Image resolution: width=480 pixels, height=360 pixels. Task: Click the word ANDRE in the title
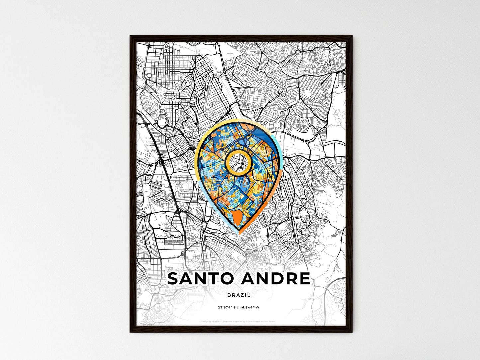(x=276, y=279)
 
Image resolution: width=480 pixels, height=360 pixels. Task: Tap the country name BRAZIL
(x=239, y=295)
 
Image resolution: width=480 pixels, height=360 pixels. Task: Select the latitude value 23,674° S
(x=227, y=308)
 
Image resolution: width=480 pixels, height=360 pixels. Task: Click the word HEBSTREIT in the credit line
(x=216, y=321)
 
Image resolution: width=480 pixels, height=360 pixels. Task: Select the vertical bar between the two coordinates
(x=238, y=308)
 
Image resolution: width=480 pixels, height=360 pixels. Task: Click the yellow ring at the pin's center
(x=238, y=151)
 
